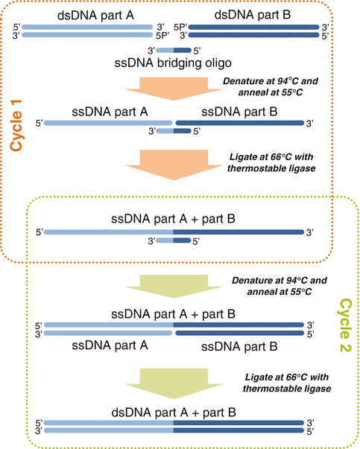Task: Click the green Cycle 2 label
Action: (x=344, y=328)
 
